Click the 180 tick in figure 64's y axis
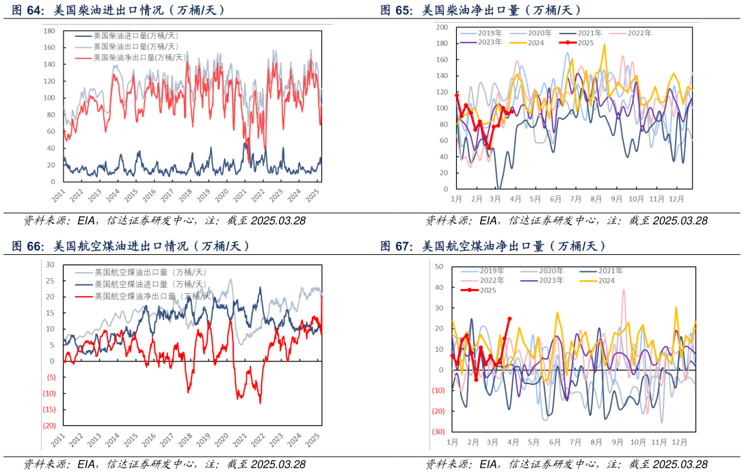click(x=49, y=31)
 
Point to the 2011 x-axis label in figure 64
click(x=58, y=195)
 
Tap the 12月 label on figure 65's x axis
click(x=676, y=199)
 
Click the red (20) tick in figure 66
click(x=49, y=425)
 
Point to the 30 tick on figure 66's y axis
click(x=50, y=264)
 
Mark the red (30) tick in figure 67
click(x=438, y=432)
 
